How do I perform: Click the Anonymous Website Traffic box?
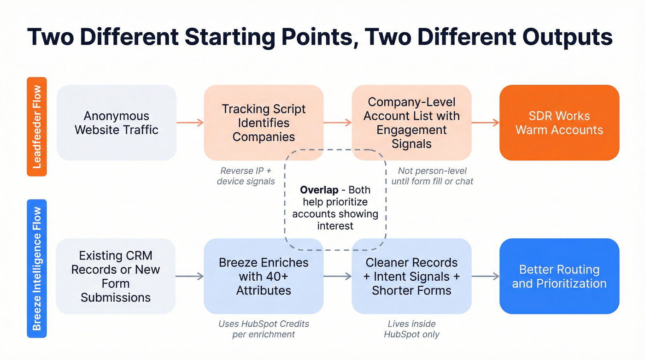click(x=116, y=123)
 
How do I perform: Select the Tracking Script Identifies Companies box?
click(x=264, y=123)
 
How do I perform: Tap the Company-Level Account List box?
click(x=411, y=123)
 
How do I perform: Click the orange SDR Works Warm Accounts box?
click(x=559, y=123)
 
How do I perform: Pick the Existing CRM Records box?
click(x=116, y=276)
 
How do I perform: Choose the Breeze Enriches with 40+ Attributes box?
click(x=264, y=276)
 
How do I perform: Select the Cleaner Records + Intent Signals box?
click(x=411, y=276)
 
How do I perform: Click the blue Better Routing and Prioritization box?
click(x=559, y=276)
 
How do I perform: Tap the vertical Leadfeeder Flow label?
click(x=37, y=127)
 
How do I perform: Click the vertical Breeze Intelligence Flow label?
click(x=37, y=268)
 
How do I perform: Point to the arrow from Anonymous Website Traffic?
click(x=190, y=123)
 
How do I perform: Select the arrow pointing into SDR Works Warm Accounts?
click(x=485, y=123)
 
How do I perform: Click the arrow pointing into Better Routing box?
click(x=485, y=276)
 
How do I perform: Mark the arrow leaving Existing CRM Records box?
click(x=190, y=276)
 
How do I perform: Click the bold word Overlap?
click(x=319, y=190)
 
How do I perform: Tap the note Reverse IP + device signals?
click(x=246, y=176)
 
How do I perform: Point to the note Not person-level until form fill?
click(x=432, y=176)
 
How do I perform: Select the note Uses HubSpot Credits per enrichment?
click(x=264, y=329)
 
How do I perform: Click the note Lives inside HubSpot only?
click(x=411, y=329)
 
